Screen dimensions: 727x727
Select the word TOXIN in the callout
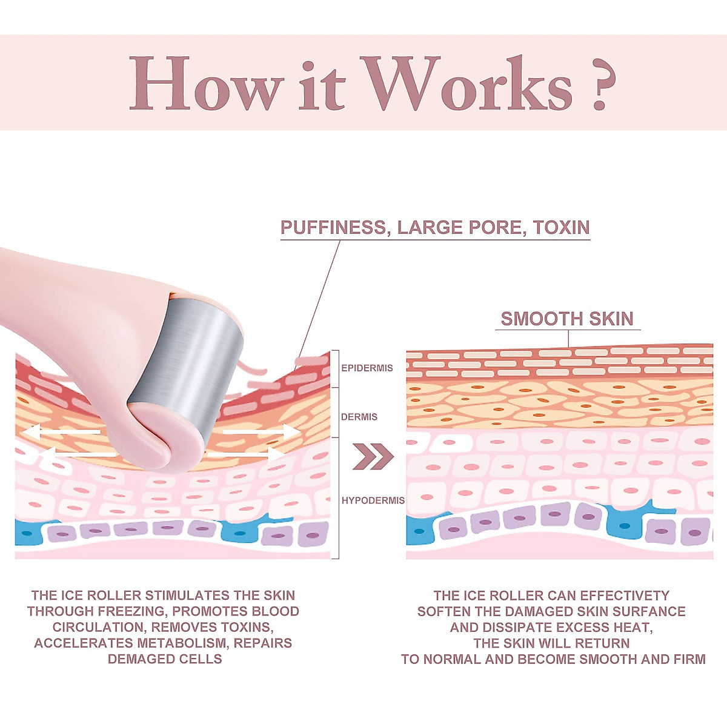click(561, 228)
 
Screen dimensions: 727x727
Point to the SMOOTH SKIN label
click(567, 319)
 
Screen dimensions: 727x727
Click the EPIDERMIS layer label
click(367, 368)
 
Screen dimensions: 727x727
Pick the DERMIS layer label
click(359, 417)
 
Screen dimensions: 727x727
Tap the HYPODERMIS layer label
click(373, 500)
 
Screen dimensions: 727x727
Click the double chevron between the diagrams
click(373, 456)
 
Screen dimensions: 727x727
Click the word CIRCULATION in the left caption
click(98, 627)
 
